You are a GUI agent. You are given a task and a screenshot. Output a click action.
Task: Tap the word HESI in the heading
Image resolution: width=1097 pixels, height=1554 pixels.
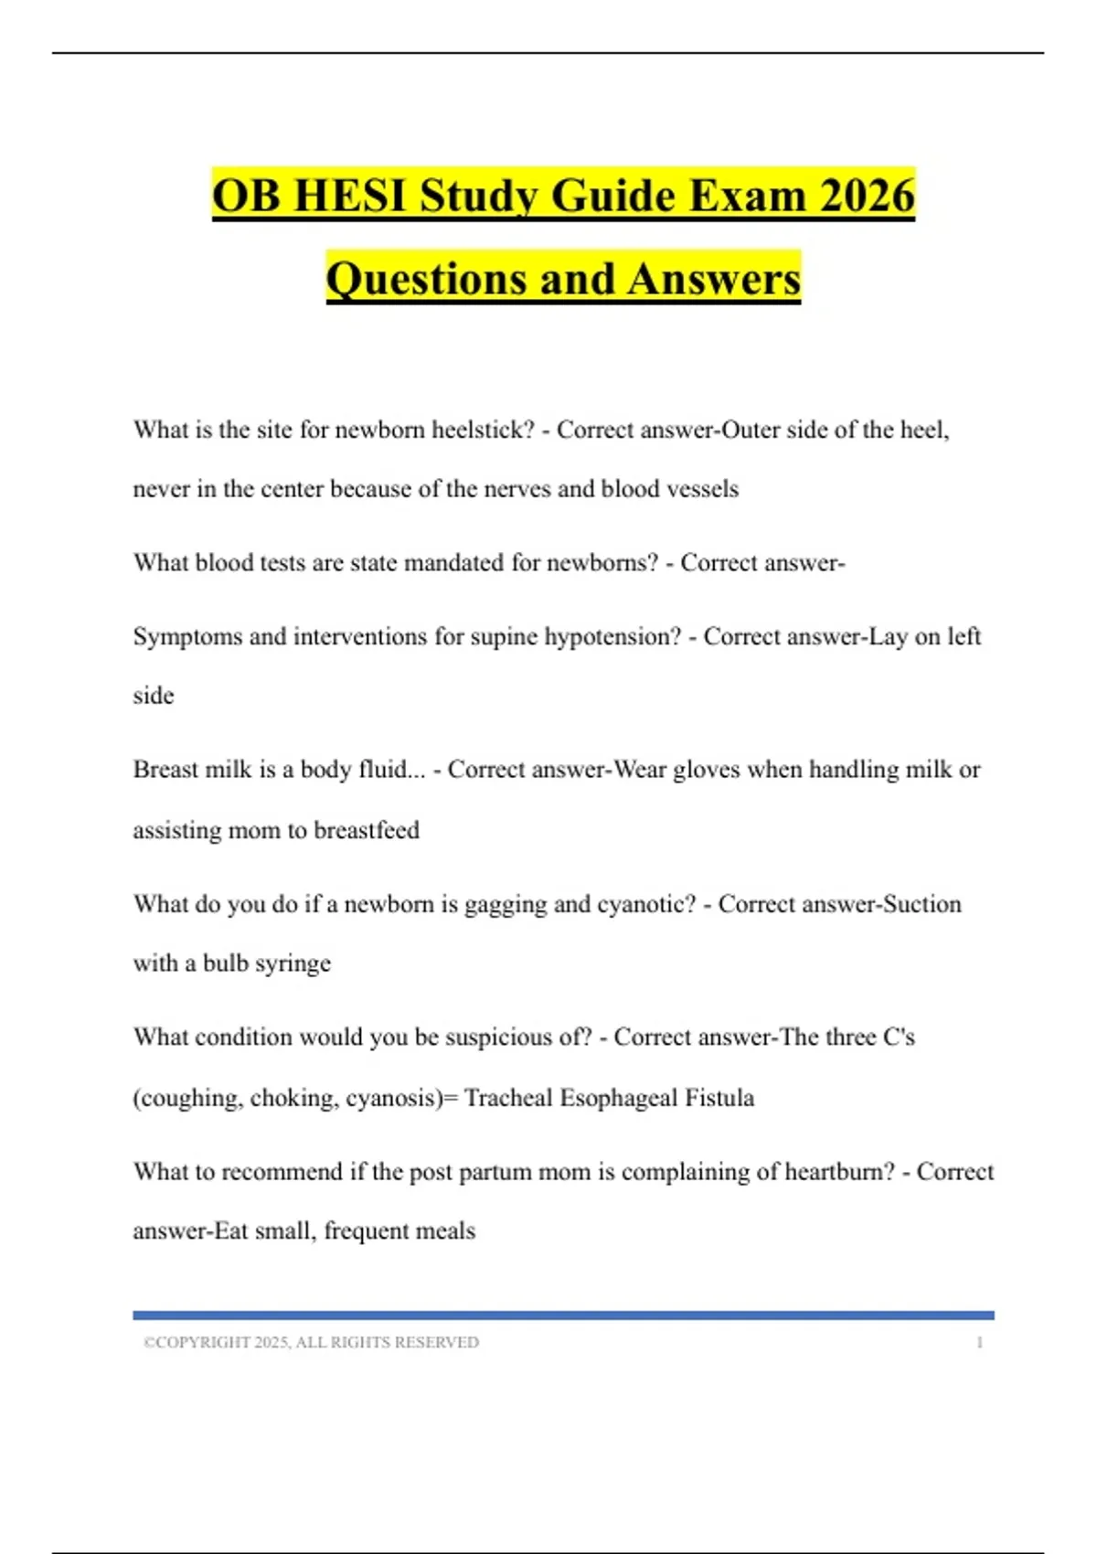349,196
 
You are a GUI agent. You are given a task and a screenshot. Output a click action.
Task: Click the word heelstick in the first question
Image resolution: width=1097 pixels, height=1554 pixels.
482,430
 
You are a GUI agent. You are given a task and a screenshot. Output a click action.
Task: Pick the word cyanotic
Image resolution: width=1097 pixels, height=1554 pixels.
645,904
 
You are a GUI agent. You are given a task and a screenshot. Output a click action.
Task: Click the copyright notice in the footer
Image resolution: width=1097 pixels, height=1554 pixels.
311,1342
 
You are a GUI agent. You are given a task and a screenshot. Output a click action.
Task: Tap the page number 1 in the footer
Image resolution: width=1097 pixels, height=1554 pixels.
979,1342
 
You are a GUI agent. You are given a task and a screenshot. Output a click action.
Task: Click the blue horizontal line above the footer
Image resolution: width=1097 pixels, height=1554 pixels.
563,1315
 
